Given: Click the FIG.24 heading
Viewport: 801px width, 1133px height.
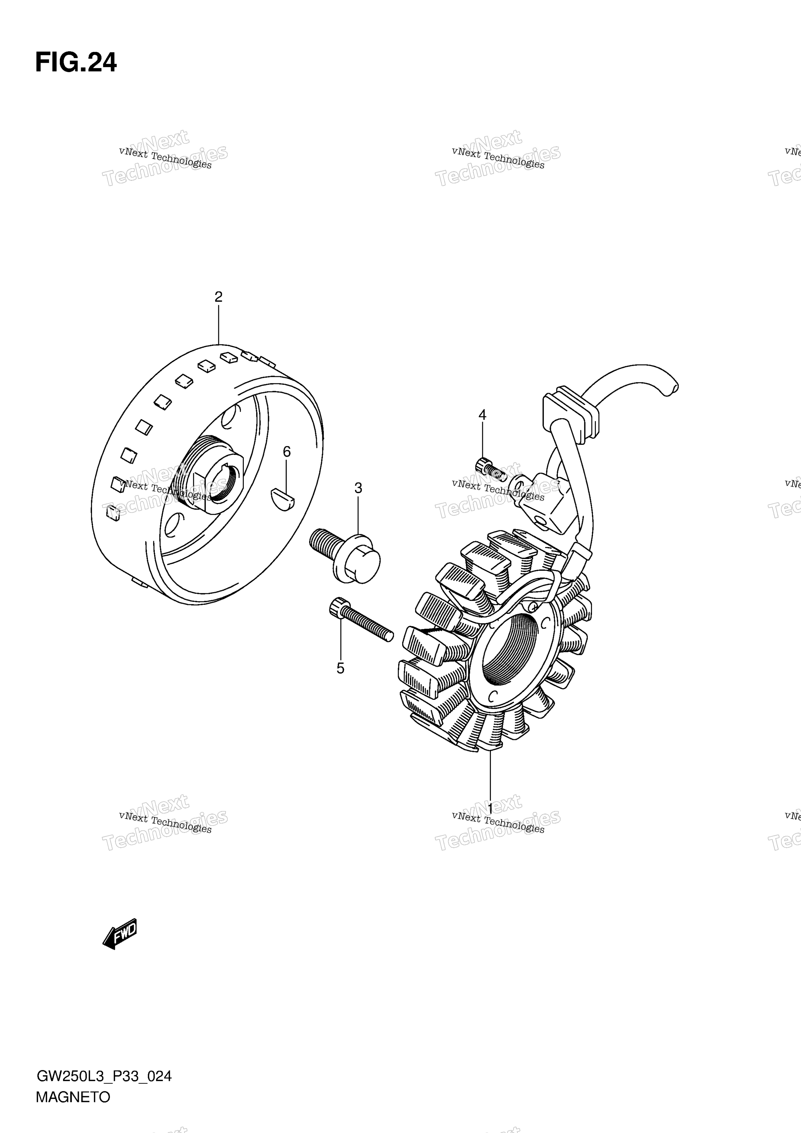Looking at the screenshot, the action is pyautogui.click(x=76, y=63).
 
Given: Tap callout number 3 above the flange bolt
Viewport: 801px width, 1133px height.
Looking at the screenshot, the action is pyautogui.click(x=358, y=488).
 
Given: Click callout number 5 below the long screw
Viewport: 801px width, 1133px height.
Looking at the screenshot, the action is pyautogui.click(x=340, y=669).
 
